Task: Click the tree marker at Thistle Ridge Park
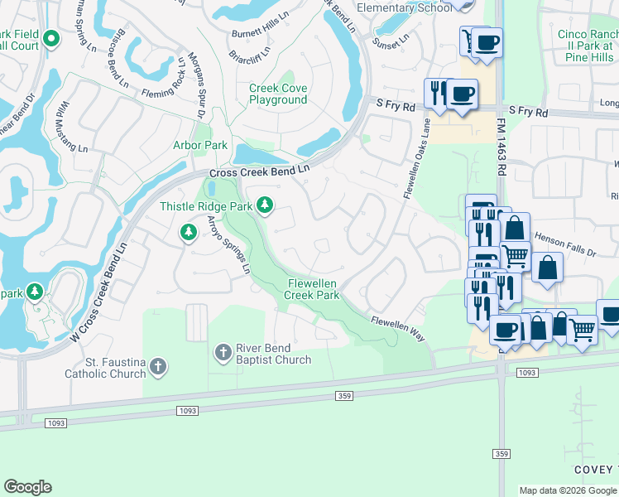pyautogui.click(x=265, y=205)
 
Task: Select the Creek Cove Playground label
pyautogui.click(x=278, y=94)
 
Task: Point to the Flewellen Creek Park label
pyautogui.click(x=313, y=289)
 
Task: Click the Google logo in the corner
pyautogui.click(x=27, y=487)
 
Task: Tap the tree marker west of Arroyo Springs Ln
pyautogui.click(x=189, y=234)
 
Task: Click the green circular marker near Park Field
pyautogui.click(x=51, y=38)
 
